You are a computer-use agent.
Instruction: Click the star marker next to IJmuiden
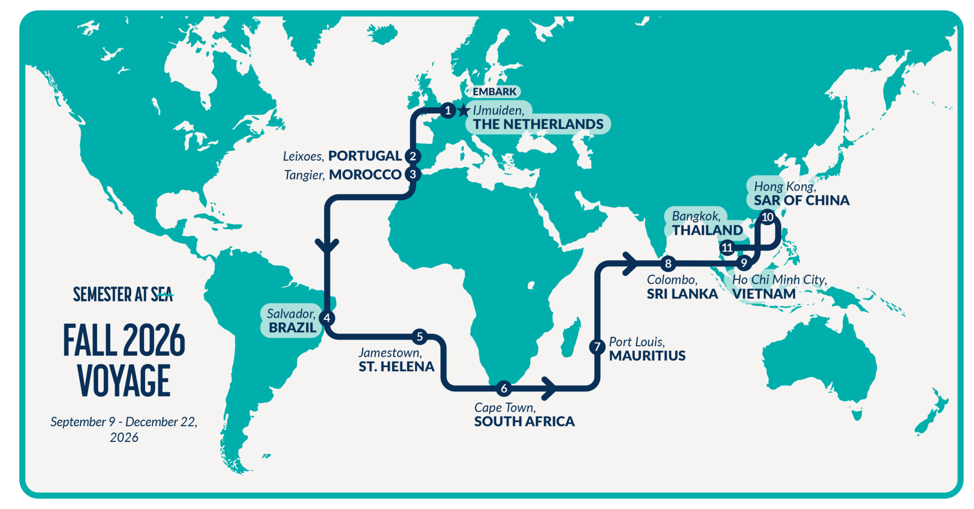point(464,111)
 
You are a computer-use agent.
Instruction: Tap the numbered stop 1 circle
point(448,111)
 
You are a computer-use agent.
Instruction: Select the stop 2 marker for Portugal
point(413,156)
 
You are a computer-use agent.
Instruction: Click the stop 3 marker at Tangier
point(413,174)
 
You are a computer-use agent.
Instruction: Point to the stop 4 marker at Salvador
point(327,318)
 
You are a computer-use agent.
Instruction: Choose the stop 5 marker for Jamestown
point(419,337)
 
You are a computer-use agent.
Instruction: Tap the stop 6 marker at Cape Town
point(504,388)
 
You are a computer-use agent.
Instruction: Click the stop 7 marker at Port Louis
point(597,346)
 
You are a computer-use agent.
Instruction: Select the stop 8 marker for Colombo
point(668,263)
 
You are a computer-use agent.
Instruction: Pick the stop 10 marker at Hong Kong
point(768,217)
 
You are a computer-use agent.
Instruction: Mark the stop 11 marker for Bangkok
point(727,248)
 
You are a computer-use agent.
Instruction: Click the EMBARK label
point(494,92)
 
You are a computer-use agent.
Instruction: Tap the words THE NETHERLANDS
point(538,125)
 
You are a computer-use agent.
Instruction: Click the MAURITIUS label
point(647,356)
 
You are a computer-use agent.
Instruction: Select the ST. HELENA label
point(396,367)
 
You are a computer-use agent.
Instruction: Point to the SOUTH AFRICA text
point(524,422)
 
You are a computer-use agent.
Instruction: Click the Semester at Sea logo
point(123,295)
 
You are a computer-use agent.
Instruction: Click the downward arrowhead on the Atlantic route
point(327,245)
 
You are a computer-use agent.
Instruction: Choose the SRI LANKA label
point(682,294)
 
